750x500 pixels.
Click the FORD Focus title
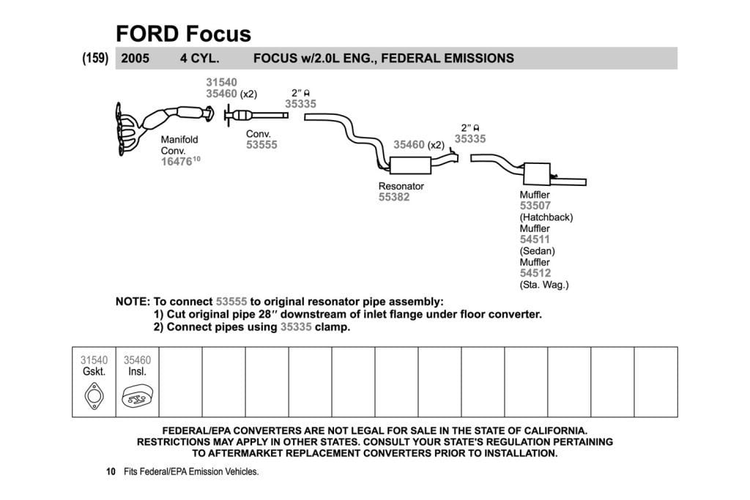pyautogui.click(x=183, y=34)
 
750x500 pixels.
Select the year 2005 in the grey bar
pyautogui.click(x=135, y=59)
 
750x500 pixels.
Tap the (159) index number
pyautogui.click(x=95, y=58)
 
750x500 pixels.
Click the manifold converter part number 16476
pyautogui.click(x=177, y=162)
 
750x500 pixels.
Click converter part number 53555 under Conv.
pyautogui.click(x=261, y=145)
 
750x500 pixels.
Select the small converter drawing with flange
pyautogui.click(x=256, y=115)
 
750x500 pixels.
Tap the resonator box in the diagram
pyautogui.click(x=410, y=165)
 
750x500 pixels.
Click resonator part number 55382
pyautogui.click(x=394, y=197)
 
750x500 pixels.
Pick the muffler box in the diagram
pyautogui.click(x=537, y=174)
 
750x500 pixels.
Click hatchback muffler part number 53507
pyautogui.click(x=535, y=206)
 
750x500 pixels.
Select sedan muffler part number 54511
pyautogui.click(x=535, y=239)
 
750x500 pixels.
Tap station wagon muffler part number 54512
pyautogui.click(x=535, y=273)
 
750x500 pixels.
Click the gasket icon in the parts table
pyautogui.click(x=94, y=396)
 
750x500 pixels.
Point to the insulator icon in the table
pyautogui.click(x=137, y=396)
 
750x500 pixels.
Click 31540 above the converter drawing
pyautogui.click(x=221, y=82)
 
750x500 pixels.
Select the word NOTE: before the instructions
pyautogui.click(x=133, y=302)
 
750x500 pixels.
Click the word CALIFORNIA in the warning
pyautogui.click(x=555, y=430)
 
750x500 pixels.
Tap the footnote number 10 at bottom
pyautogui.click(x=111, y=471)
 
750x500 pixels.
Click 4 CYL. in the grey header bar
pyautogui.click(x=199, y=59)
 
